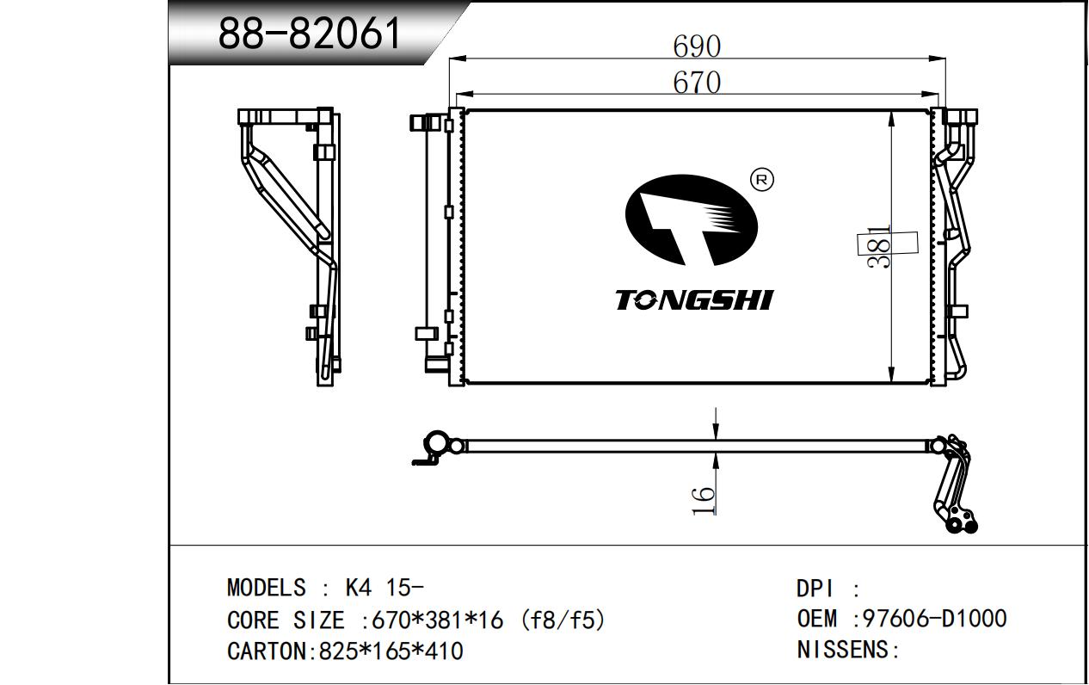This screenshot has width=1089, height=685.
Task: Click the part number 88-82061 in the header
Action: pyautogui.click(x=310, y=34)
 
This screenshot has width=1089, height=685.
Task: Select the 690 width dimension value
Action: pyautogui.click(x=697, y=46)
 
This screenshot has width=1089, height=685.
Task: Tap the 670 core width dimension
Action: pyautogui.click(x=697, y=83)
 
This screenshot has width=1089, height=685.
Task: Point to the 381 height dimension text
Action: pyautogui.click(x=879, y=247)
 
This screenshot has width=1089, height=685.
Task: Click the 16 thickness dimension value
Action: pyautogui.click(x=703, y=501)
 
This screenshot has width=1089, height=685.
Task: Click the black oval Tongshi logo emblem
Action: pyautogui.click(x=691, y=220)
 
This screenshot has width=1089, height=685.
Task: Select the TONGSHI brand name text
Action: pyautogui.click(x=694, y=300)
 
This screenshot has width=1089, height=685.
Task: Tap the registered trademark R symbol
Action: pyautogui.click(x=762, y=180)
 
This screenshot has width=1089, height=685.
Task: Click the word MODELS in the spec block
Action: pyautogui.click(x=267, y=588)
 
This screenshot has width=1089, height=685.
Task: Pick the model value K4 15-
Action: pyautogui.click(x=384, y=588)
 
